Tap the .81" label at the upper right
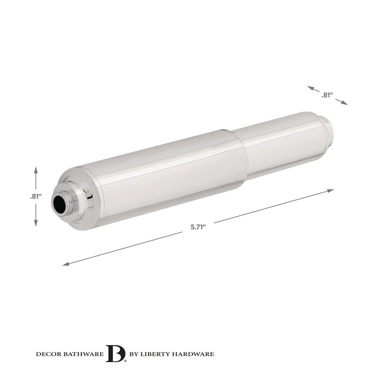327,95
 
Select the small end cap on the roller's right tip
328,130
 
